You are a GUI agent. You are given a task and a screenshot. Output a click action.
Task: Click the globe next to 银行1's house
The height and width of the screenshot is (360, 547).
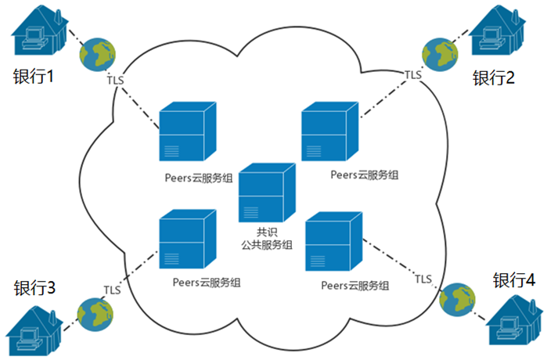pos(99,52)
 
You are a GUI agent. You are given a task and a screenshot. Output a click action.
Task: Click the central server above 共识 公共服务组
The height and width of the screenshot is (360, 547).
pos(267,193)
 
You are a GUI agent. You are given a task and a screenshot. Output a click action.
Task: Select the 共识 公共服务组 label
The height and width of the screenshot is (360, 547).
pos(266,238)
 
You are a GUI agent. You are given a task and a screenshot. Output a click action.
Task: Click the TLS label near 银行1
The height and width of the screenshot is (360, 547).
pos(115,80)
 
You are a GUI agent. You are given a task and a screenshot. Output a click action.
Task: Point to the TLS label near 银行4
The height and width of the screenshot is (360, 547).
pos(423,279)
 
